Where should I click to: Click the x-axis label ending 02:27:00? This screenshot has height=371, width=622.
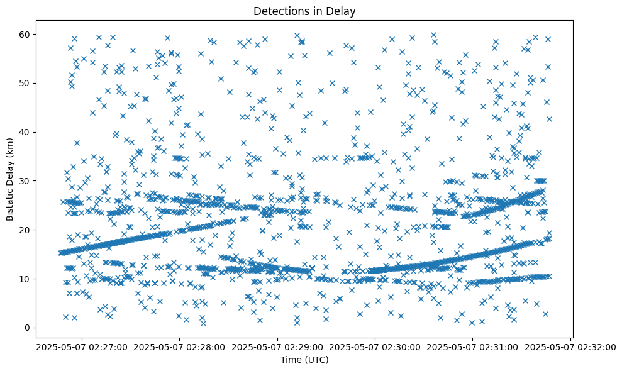82,346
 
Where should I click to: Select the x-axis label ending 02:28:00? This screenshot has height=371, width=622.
180,346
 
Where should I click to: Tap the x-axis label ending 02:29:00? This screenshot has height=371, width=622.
277,346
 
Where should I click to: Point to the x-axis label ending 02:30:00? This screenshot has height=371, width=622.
375,346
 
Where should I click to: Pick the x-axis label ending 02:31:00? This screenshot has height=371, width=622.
473,346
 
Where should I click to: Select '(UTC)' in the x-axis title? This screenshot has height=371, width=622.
318,360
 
